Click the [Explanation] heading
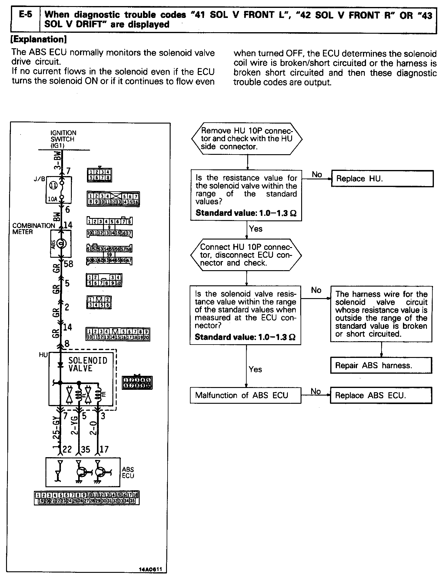[x=38, y=39]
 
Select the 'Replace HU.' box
[x=382, y=178]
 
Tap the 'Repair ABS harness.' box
[x=381, y=365]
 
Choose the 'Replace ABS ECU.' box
[x=381, y=395]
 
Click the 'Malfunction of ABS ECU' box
[x=245, y=395]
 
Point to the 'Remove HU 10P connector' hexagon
[x=247, y=139]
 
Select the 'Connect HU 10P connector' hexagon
[x=246, y=255]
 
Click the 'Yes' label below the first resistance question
[x=256, y=229]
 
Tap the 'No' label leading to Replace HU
[x=317, y=175]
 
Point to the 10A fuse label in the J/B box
[x=52, y=199]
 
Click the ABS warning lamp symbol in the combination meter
[x=61, y=243]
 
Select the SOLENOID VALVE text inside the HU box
[x=88, y=364]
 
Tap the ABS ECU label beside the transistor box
[x=128, y=473]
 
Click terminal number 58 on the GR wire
[x=68, y=264]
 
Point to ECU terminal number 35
[x=85, y=449]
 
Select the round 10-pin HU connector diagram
[x=137, y=382]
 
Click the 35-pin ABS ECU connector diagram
[x=87, y=498]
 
